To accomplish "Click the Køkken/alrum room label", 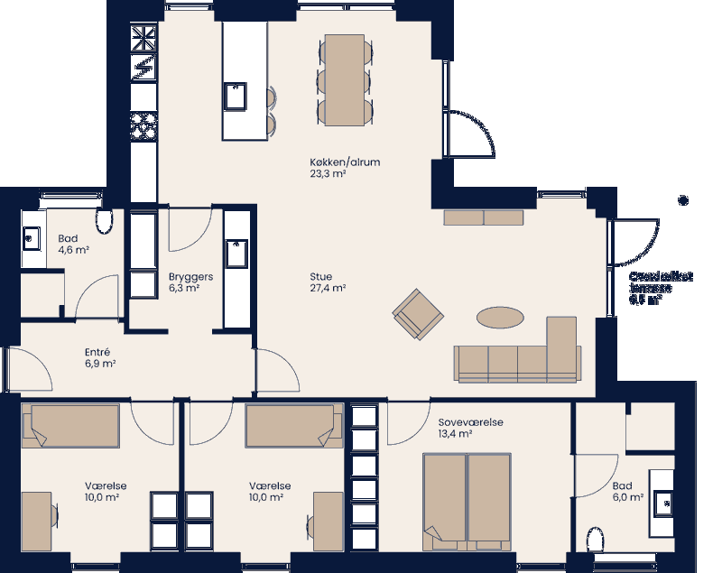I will click(345, 162).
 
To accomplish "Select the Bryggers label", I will click(190, 277).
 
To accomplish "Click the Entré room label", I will click(97, 352).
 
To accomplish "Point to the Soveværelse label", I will click(471, 421).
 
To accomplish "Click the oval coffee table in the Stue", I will click(500, 318).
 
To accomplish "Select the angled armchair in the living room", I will click(419, 315).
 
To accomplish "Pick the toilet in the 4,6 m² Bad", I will click(104, 221).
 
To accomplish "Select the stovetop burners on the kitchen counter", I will click(143, 125).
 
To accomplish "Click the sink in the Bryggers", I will click(237, 254).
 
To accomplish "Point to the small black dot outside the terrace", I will click(683, 199).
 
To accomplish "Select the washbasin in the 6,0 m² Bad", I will click(666, 502).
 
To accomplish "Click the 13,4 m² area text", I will click(456, 434).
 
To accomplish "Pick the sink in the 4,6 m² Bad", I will click(31, 239).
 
